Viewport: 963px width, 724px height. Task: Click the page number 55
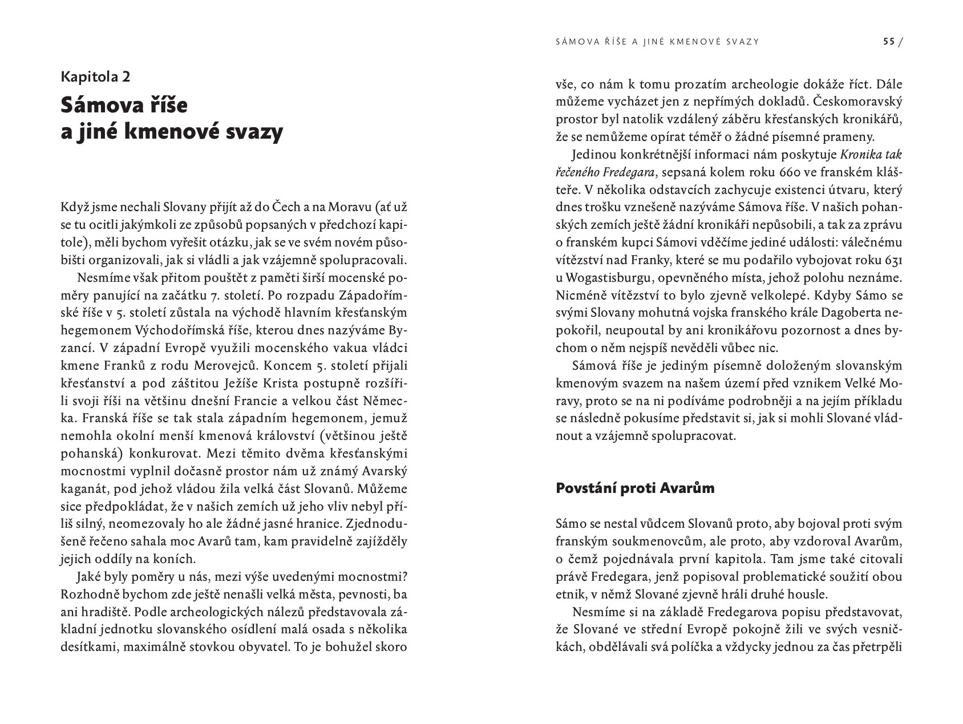[888, 42]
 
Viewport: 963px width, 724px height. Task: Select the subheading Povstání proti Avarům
[635, 488]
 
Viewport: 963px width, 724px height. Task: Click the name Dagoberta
[849, 313]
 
